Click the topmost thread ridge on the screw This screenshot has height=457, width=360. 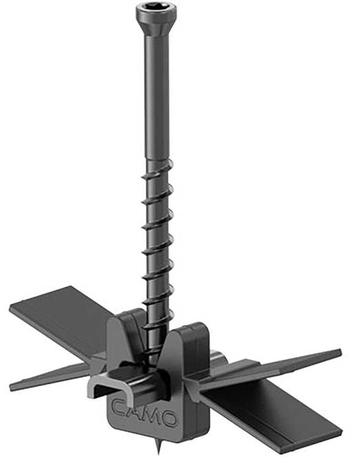155,175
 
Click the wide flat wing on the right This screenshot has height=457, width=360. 274,411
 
